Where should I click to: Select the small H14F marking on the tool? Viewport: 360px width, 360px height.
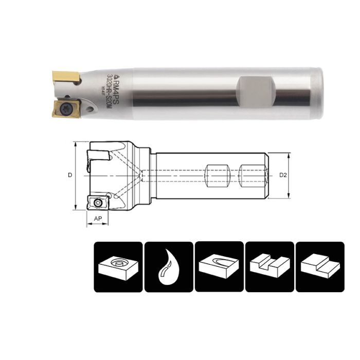102,91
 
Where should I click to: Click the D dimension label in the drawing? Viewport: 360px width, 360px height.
70,175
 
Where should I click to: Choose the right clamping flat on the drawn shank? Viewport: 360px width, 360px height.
251,175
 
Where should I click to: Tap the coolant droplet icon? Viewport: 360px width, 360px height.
168,266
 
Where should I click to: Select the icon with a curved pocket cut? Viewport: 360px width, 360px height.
219,266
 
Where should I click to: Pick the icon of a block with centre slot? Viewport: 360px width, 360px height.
269,266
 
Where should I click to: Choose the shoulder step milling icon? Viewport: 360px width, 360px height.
319,266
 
